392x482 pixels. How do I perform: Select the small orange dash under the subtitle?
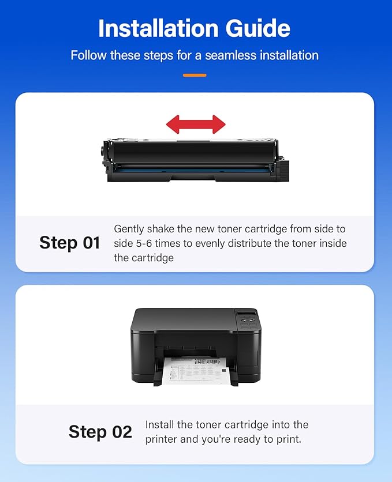tap(195, 75)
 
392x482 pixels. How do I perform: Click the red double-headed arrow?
tap(196, 123)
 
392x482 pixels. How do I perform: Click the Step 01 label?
tap(70, 243)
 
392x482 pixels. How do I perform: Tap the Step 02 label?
tap(100, 431)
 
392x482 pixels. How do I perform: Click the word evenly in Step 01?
tap(212, 243)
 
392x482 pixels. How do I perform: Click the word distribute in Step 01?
tap(253, 243)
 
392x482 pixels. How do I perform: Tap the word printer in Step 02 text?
tap(162, 439)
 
